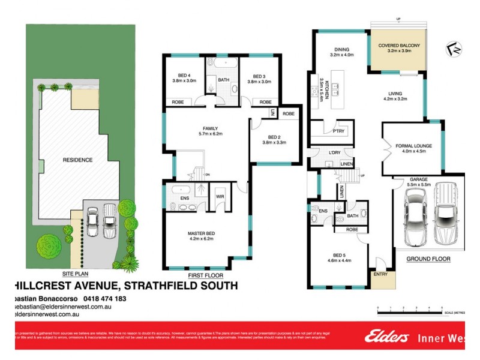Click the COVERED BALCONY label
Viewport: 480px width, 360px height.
[x=398, y=46]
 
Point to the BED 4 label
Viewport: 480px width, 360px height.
[x=179, y=76]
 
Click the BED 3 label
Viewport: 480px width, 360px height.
[x=259, y=76]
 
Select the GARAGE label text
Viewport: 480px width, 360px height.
[x=418, y=179]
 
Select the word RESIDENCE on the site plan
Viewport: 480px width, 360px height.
[x=78, y=160]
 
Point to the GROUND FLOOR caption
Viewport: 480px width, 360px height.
[x=429, y=259]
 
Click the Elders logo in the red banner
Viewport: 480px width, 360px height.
[x=386, y=337]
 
